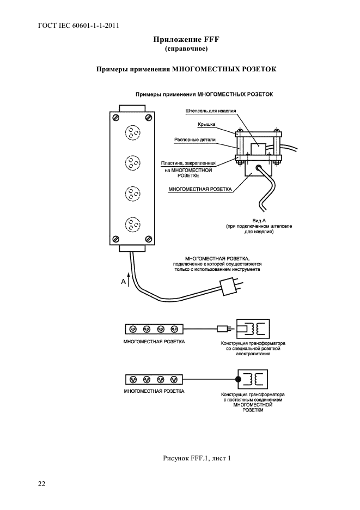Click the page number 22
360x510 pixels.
point(41,484)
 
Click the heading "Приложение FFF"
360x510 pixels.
point(186,40)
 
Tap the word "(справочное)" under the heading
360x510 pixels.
point(186,49)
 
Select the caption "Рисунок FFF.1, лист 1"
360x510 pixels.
point(197,458)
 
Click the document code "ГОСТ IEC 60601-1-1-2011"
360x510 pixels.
point(78,26)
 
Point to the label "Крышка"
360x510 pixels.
point(206,124)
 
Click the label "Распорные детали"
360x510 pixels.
point(195,139)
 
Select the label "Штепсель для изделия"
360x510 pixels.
point(211,111)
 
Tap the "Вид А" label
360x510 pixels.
point(259,221)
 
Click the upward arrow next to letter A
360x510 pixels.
point(129,280)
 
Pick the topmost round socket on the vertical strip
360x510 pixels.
point(132,133)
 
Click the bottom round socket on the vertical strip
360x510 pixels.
point(132,224)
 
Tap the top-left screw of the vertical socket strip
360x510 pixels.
point(116,117)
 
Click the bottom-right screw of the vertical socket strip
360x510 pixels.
point(148,239)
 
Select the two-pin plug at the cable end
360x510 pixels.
point(231,287)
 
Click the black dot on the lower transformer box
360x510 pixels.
point(238,379)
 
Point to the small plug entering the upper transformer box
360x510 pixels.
point(225,329)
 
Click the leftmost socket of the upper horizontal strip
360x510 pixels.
point(133,329)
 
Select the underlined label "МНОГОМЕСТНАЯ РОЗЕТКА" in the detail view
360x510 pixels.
point(200,189)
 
